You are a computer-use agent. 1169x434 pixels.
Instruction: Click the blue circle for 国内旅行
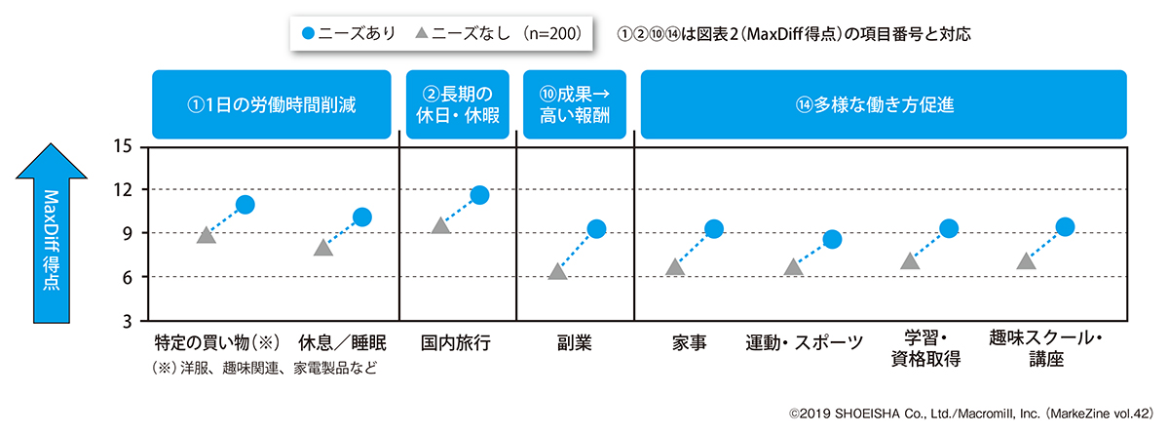pyautogui.click(x=479, y=195)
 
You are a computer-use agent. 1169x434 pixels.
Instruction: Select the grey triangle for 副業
pyautogui.click(x=557, y=272)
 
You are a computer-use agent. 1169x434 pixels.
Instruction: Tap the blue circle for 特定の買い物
pyautogui.click(x=245, y=205)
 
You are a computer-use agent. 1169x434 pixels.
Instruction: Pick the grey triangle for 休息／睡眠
pyautogui.click(x=323, y=249)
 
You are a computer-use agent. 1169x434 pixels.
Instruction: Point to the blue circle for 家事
pyautogui.click(x=714, y=229)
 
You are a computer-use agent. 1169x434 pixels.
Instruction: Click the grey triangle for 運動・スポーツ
pyautogui.click(x=793, y=267)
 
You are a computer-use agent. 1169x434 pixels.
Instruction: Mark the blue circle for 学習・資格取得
pyautogui.click(x=949, y=228)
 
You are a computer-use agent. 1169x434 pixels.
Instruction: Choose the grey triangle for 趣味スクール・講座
pyautogui.click(x=1025, y=261)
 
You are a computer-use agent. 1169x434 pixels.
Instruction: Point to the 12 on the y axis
pyautogui.click(x=123, y=190)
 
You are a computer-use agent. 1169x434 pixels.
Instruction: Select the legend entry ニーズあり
pyautogui.click(x=349, y=32)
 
